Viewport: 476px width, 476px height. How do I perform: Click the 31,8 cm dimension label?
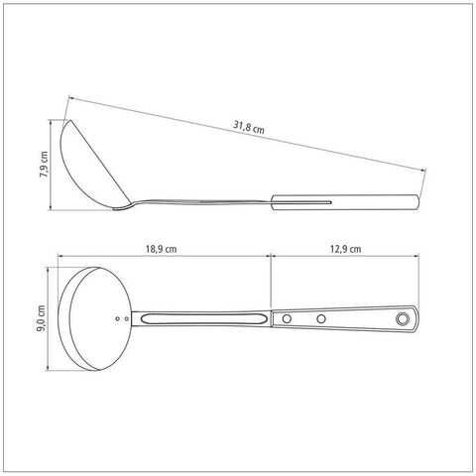[x=249, y=127]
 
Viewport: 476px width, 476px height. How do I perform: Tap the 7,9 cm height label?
[x=44, y=165]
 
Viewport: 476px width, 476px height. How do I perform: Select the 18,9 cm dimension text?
[x=161, y=249]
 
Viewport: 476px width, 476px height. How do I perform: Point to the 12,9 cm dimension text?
[x=345, y=249]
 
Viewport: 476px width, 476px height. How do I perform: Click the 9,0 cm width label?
[x=42, y=318]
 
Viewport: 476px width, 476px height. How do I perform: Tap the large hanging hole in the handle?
[x=403, y=318]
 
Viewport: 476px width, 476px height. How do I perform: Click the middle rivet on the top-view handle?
[x=320, y=319]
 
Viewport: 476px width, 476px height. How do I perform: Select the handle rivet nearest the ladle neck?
[x=287, y=319]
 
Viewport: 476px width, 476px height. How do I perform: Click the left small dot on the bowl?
[x=117, y=318]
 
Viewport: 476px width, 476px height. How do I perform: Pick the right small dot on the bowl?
[x=127, y=318]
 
